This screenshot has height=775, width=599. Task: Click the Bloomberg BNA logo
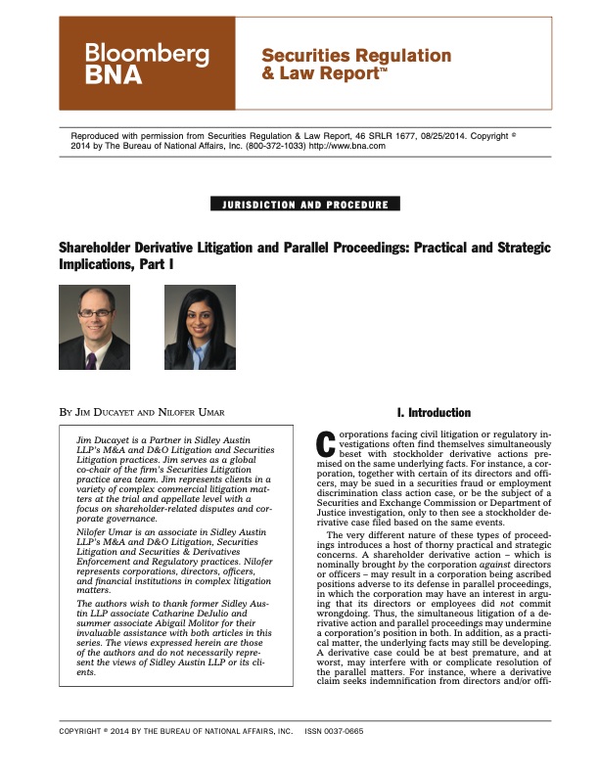coord(146,65)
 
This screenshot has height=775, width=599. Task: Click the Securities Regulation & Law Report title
coord(355,64)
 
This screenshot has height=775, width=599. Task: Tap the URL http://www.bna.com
coord(347,146)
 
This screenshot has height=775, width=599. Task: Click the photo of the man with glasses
coord(95,327)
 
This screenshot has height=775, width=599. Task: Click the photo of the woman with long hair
coord(200,327)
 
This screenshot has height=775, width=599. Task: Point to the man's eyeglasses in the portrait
coord(94,314)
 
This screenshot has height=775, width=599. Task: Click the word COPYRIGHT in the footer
coord(85,758)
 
